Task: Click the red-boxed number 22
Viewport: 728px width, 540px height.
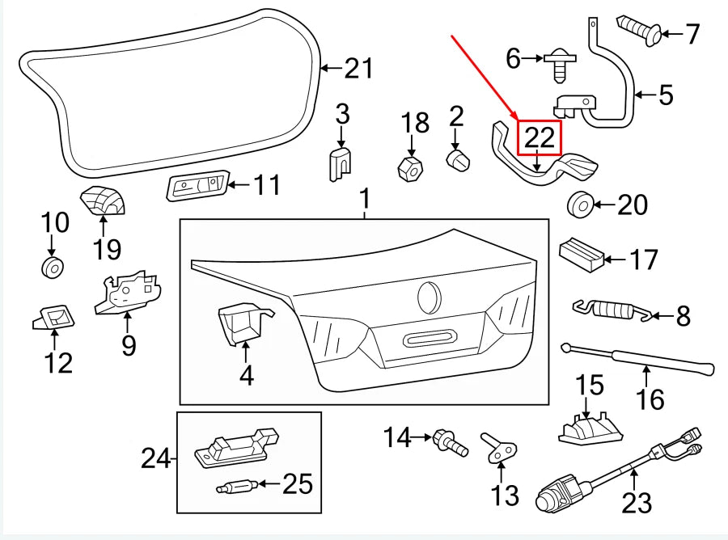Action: (x=540, y=137)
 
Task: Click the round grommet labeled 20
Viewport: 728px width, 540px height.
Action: (x=580, y=205)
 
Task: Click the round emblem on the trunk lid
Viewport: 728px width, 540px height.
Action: (x=430, y=297)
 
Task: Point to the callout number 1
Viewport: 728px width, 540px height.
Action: (x=365, y=198)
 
